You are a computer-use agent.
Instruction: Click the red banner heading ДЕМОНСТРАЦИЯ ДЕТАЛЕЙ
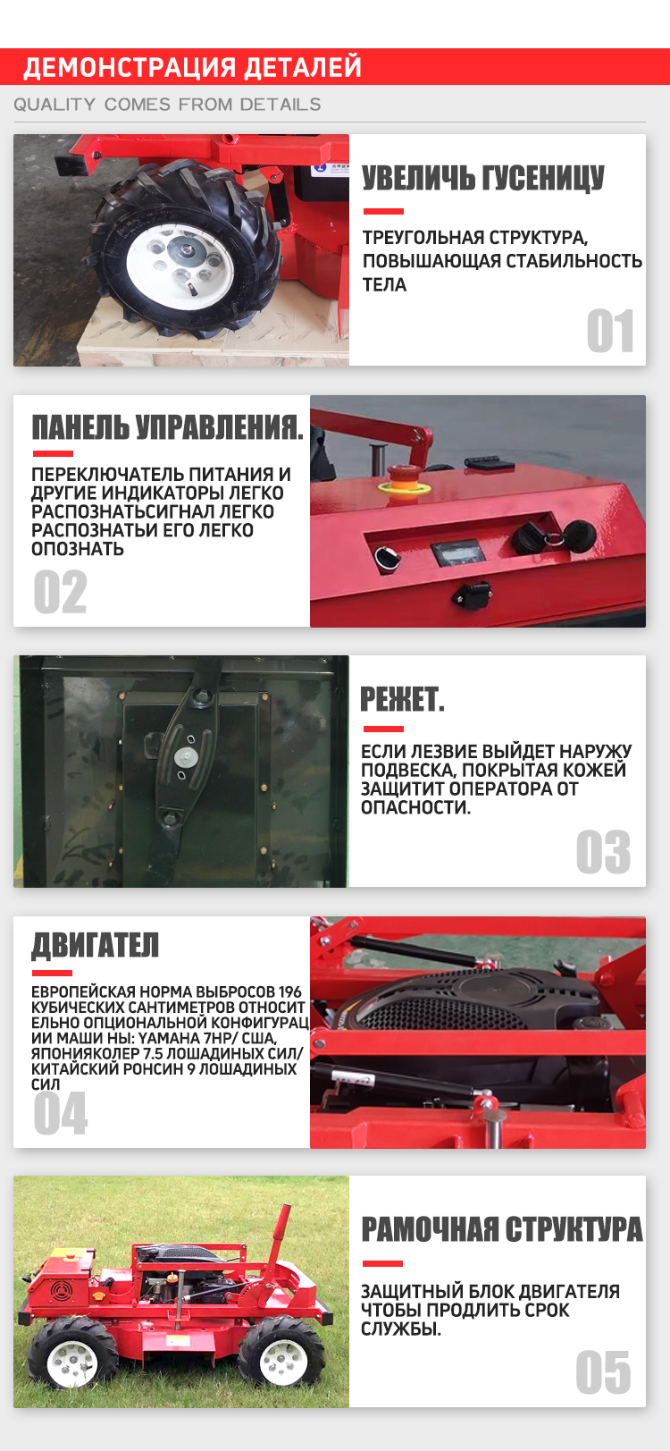192,67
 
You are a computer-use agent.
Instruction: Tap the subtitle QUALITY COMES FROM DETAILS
167,105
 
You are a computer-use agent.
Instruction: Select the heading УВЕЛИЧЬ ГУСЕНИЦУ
483,178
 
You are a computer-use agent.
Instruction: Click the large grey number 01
610,331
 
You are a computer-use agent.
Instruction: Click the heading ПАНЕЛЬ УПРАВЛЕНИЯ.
168,427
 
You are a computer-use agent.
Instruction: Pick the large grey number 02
60,592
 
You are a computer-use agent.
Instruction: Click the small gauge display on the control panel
459,553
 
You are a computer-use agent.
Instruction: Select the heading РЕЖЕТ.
402,700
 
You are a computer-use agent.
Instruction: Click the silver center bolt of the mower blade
187,756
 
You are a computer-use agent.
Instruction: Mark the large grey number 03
603,851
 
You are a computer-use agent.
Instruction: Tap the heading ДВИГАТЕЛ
96,945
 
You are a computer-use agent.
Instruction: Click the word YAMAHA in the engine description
166,1038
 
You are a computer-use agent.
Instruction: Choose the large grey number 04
60,1113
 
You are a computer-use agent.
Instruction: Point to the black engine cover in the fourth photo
473,1000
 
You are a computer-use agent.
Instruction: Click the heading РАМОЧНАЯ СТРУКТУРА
502,1228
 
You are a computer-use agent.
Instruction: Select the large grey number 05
603,1372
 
